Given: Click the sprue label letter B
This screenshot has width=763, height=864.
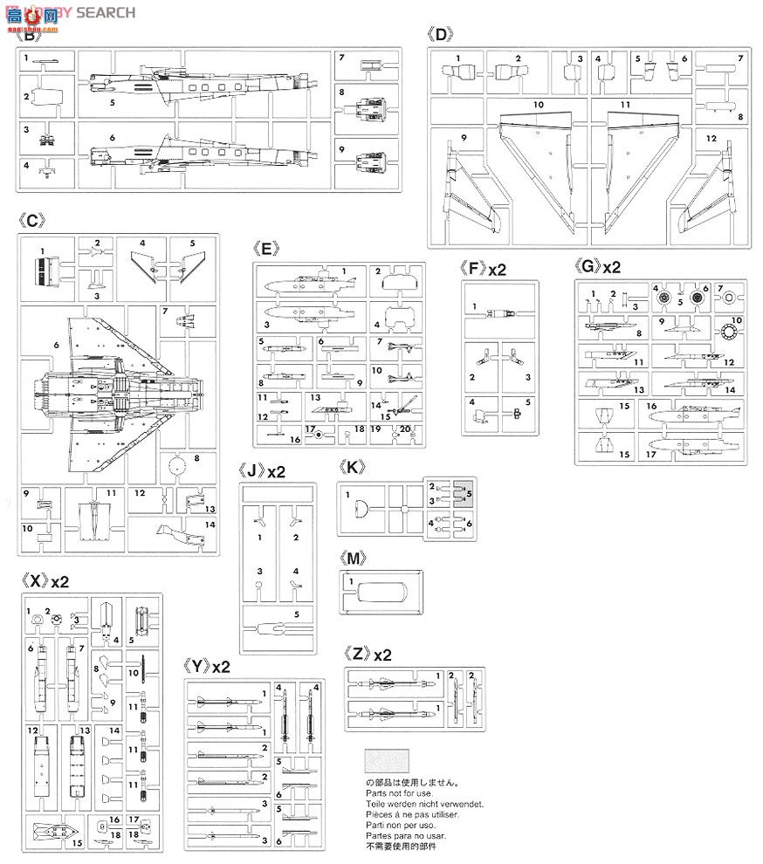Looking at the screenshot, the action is pyautogui.click(x=30, y=36).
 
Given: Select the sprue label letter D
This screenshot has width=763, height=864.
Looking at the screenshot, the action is pyautogui.click(x=443, y=36).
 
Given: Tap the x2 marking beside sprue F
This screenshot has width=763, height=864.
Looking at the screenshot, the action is pyautogui.click(x=497, y=269).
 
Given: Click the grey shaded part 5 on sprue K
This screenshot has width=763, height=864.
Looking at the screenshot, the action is pyautogui.click(x=464, y=493).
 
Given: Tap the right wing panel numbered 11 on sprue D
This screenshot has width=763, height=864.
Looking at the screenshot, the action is pyautogui.click(x=631, y=161).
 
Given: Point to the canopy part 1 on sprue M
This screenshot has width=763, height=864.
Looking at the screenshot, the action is pyautogui.click(x=380, y=595).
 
